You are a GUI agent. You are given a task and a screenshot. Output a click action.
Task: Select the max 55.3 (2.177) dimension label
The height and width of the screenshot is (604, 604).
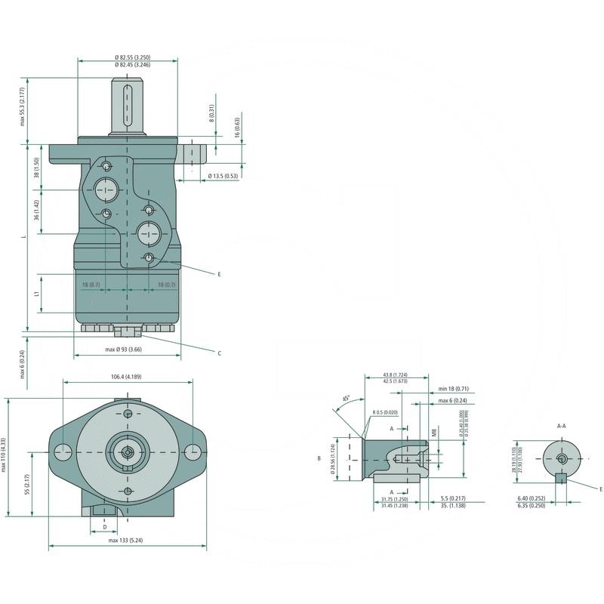tap(23, 106)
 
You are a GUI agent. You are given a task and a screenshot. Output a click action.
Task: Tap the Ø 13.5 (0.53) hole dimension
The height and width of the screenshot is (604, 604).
tap(223, 175)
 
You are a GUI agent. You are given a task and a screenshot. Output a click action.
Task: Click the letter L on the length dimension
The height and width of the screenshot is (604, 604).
tap(24, 236)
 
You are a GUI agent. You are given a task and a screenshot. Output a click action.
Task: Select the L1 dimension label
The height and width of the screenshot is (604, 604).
tap(37, 294)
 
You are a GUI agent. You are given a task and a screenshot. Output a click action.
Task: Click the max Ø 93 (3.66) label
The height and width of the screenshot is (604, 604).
tap(124, 350)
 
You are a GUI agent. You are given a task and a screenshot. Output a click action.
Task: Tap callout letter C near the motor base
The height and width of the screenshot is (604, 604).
tap(219, 353)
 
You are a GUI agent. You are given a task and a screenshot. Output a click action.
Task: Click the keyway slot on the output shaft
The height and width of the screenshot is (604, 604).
tap(127, 106)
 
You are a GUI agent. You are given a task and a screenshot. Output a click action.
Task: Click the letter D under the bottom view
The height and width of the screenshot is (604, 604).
tap(105, 525)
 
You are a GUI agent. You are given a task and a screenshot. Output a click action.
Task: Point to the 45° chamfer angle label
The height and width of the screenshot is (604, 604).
tap(347, 398)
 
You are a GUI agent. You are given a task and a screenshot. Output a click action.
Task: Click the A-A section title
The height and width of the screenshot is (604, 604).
tap(561, 426)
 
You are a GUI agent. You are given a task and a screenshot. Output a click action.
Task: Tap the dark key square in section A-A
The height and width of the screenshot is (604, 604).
tap(559, 476)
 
